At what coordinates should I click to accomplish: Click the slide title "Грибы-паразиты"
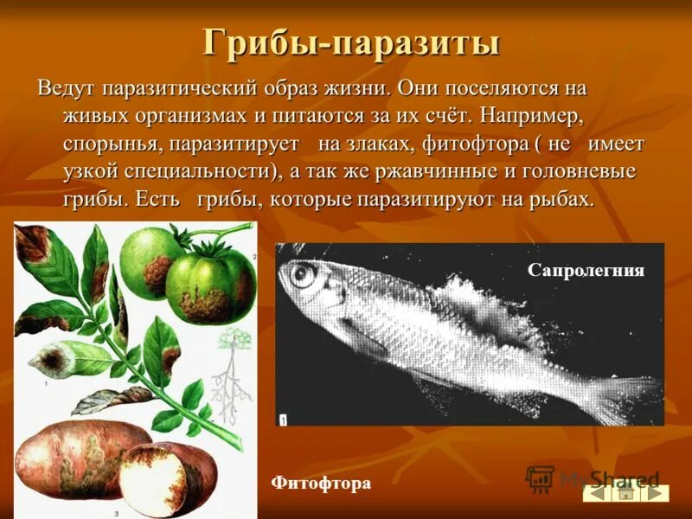click(x=351, y=42)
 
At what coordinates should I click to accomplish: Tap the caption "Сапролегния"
click(x=586, y=271)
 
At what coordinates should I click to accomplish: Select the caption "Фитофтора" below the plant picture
click(x=321, y=483)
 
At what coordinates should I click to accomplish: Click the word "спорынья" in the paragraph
click(x=112, y=144)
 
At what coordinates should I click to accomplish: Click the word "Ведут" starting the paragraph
click(x=66, y=89)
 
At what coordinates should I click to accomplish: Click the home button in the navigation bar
click(x=625, y=492)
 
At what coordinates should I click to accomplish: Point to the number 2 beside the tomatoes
click(x=254, y=257)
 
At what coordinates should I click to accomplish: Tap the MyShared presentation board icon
click(x=540, y=479)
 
